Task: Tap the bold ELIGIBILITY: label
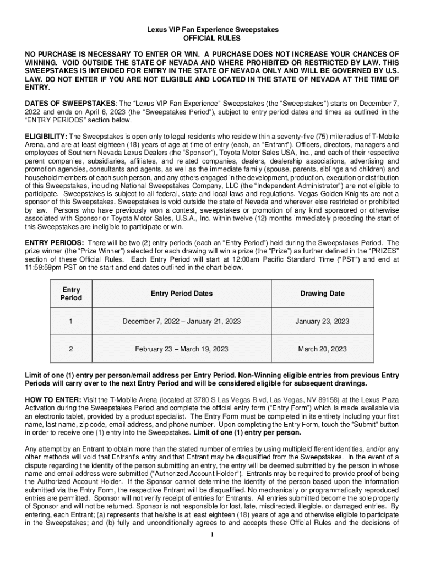(x=46, y=136)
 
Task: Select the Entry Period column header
(x=71, y=294)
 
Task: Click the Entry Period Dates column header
(x=181, y=294)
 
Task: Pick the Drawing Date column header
(x=322, y=294)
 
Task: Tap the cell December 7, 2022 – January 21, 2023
(x=181, y=321)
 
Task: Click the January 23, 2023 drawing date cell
(x=322, y=321)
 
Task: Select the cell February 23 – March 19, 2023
(x=181, y=349)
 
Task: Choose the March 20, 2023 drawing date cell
(x=322, y=349)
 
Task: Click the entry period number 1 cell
(x=71, y=321)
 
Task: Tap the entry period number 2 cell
(x=71, y=349)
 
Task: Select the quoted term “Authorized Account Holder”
(x=198, y=474)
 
